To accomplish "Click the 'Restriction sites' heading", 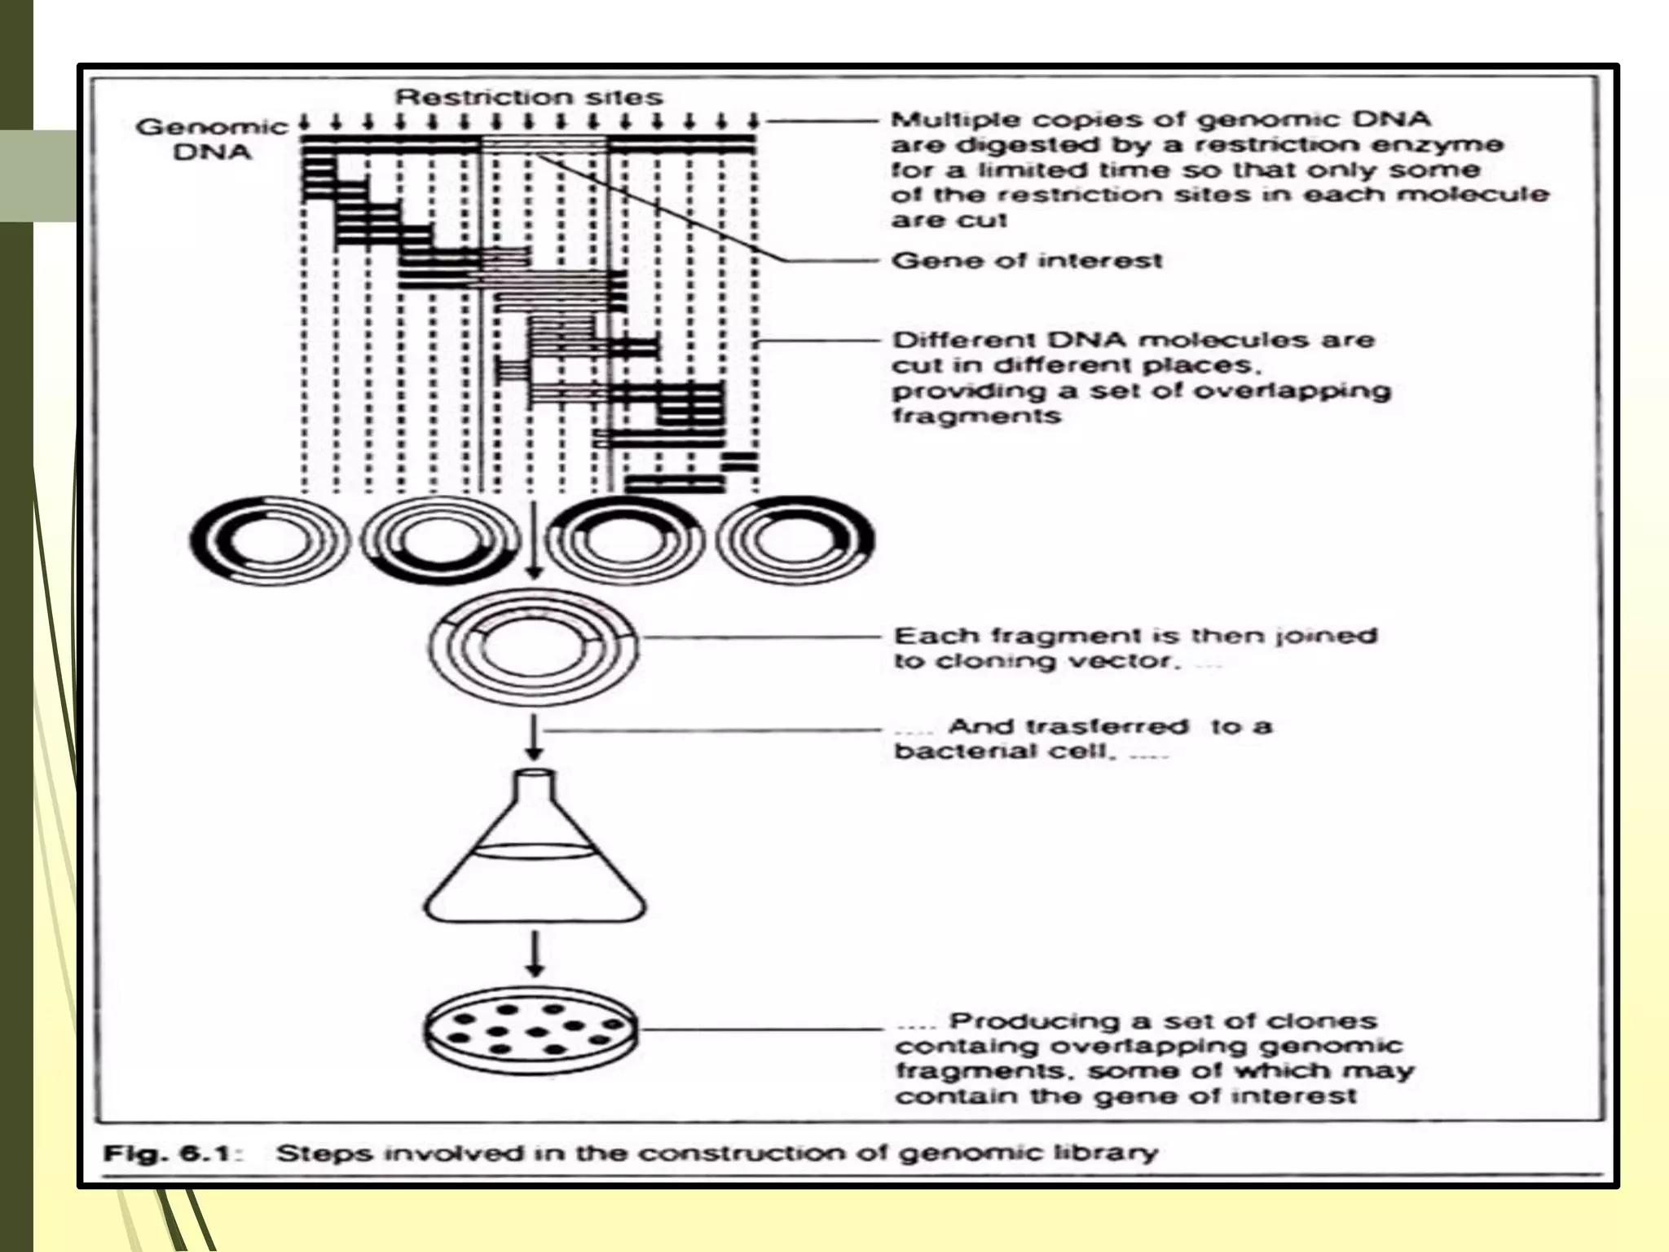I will pos(529,97).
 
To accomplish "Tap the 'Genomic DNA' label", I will pos(212,139).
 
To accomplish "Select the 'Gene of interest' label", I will pos(1027,261).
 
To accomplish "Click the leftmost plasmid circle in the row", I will pos(270,540).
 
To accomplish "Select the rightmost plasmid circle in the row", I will pos(795,540).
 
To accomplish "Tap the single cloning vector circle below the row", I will pos(533,645).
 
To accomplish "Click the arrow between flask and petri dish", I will pos(535,954).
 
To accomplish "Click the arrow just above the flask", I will pos(534,737).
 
